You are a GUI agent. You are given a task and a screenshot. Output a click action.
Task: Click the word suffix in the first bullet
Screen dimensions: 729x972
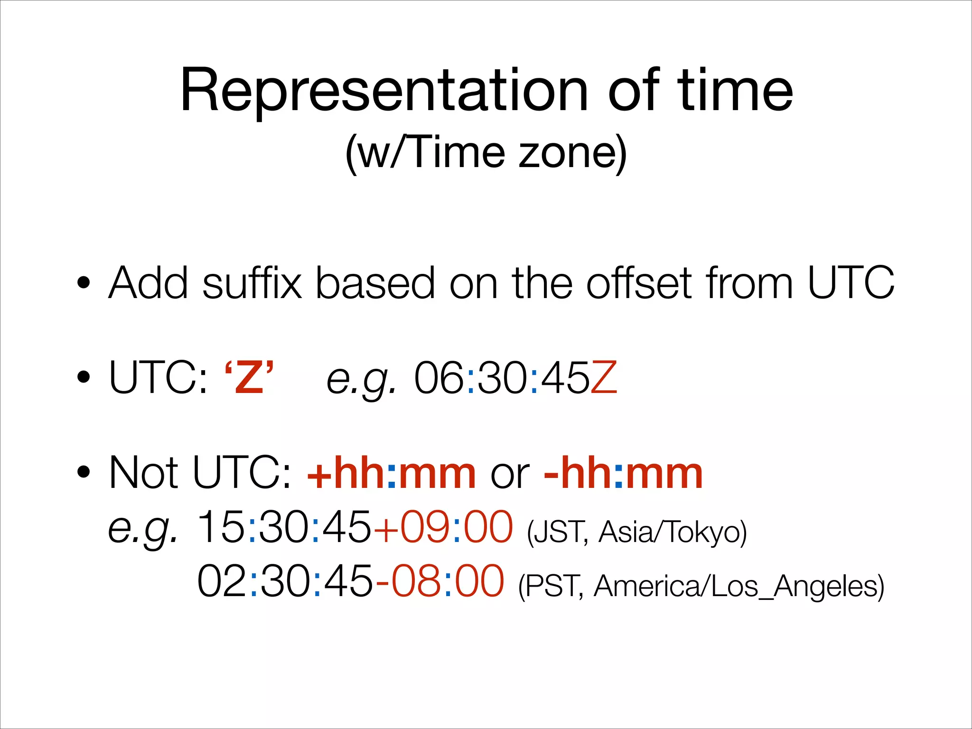252,283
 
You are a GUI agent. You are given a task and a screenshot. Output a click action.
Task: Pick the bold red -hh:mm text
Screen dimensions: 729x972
623,473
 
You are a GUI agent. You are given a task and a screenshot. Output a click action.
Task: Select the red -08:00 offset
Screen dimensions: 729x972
439,582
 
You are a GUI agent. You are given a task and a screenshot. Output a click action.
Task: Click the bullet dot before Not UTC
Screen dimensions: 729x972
84,472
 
